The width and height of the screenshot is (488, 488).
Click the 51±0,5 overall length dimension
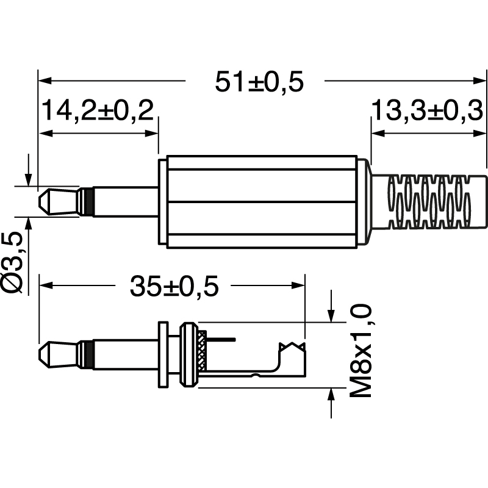pyautogui.click(x=259, y=82)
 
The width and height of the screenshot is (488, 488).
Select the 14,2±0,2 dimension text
pyautogui.click(x=97, y=112)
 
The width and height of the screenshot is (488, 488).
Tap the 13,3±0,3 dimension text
pyautogui.click(x=426, y=112)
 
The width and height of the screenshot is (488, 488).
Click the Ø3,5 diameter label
pyautogui.click(x=13, y=262)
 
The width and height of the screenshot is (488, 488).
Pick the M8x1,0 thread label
pyautogui.click(x=362, y=352)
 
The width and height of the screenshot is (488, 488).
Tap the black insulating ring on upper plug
pyautogui.click(x=88, y=201)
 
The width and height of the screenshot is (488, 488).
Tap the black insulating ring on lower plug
pyautogui.click(x=88, y=354)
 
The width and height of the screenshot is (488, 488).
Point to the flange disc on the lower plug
pyautogui.click(x=163, y=354)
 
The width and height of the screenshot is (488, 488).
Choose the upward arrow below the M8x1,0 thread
pyautogui.click(x=331, y=393)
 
